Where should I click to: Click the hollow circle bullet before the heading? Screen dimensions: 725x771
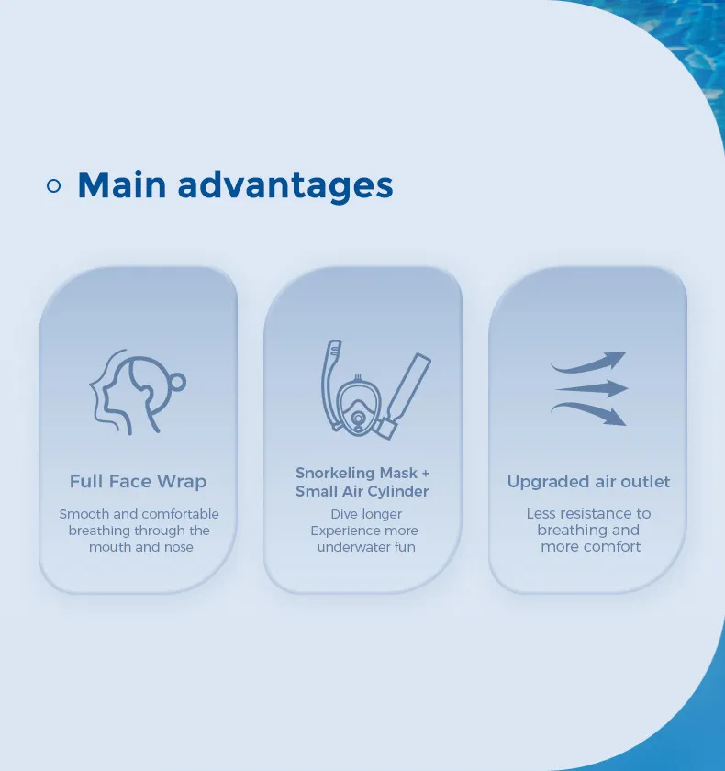(x=53, y=185)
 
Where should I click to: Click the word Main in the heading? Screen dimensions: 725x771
(x=122, y=184)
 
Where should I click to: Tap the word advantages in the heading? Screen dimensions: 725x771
(x=285, y=185)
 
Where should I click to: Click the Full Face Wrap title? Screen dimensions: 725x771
(x=139, y=481)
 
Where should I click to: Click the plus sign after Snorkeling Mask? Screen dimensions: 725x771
(x=425, y=473)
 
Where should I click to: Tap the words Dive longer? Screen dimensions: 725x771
(x=366, y=514)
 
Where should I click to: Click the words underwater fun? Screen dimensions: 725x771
(x=366, y=547)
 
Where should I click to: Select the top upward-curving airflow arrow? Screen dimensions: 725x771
(x=588, y=363)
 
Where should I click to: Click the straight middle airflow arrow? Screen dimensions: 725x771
(x=591, y=388)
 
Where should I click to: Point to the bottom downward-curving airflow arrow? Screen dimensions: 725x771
(x=588, y=414)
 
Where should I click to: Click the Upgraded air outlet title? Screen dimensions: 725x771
(x=588, y=481)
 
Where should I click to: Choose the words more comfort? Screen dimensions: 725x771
(x=591, y=546)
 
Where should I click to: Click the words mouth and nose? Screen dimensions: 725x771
(x=141, y=547)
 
